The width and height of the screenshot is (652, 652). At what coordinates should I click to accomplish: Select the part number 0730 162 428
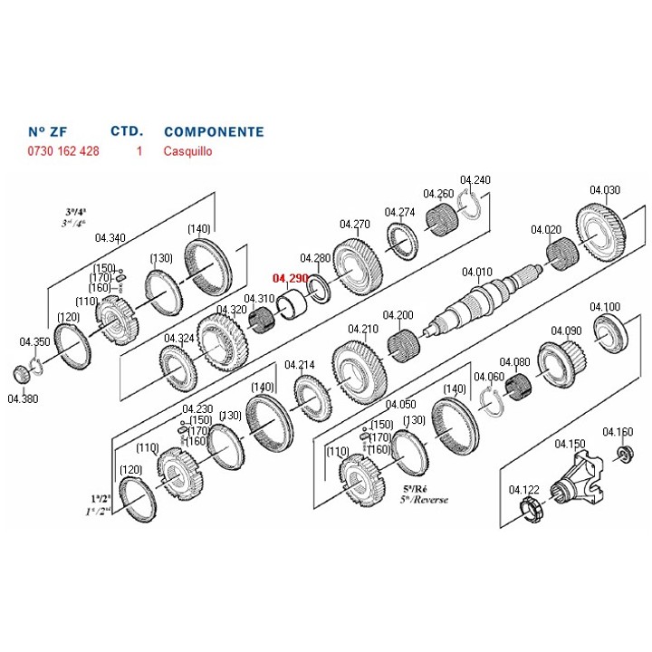(x=63, y=151)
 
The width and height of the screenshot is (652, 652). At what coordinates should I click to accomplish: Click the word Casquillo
(x=188, y=151)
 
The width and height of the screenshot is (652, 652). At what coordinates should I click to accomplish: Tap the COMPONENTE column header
(x=214, y=131)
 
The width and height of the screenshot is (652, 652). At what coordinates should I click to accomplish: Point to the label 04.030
(x=605, y=190)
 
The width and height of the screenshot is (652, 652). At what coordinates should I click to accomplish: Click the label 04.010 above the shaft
(x=476, y=272)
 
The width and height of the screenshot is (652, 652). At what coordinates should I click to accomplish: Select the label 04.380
(x=23, y=398)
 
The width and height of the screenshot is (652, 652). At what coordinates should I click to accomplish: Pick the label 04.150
(x=570, y=444)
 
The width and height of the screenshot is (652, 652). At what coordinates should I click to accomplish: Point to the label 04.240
(x=475, y=180)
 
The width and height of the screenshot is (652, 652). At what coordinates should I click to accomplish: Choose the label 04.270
(x=355, y=224)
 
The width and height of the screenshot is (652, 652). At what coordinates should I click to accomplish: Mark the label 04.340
(x=110, y=238)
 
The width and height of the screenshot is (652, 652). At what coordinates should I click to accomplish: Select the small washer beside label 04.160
(x=624, y=452)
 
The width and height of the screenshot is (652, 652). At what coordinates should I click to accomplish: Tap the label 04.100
(x=605, y=307)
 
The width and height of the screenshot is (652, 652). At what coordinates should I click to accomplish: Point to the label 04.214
(x=299, y=365)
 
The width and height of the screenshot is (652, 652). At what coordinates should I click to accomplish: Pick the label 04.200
(x=398, y=315)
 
